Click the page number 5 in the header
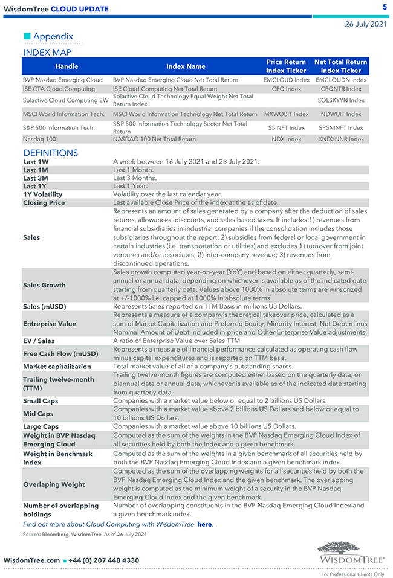385,7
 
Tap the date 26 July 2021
365,24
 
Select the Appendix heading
53,36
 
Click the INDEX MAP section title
47,53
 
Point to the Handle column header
67,66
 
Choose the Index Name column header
186,66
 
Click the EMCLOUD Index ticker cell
286,80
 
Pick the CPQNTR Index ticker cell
341,89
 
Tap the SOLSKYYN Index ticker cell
341,100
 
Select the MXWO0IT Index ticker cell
286,114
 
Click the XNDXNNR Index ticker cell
341,139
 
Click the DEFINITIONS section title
51,153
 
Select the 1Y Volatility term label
42,194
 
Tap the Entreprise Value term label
50,324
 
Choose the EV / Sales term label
39,341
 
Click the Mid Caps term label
38,414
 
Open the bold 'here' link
204,524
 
